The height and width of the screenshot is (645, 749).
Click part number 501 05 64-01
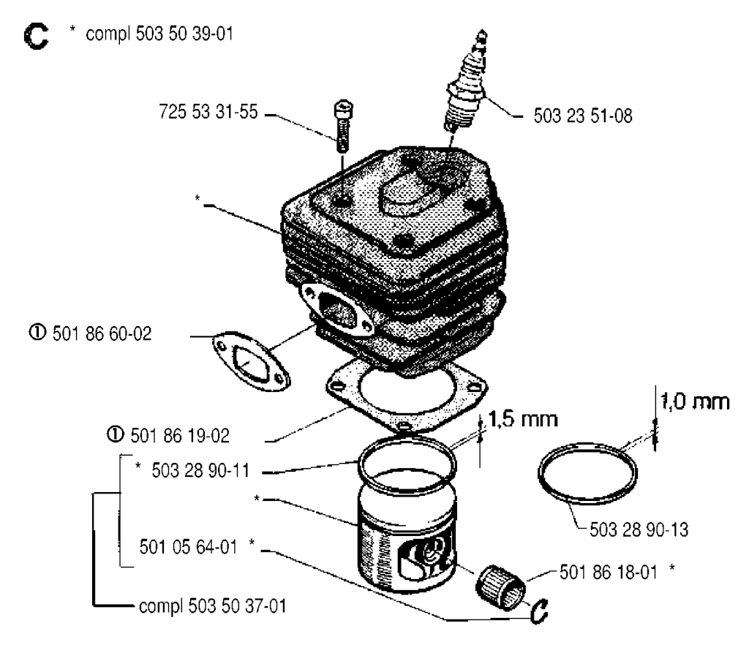click(192, 546)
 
